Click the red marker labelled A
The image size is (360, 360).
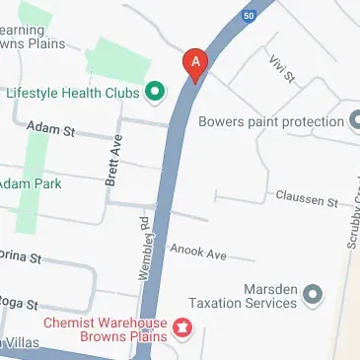pyautogui.click(x=195, y=64)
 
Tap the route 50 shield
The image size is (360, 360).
pyautogui.click(x=248, y=15)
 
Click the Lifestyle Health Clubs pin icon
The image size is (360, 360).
pyautogui.click(x=154, y=94)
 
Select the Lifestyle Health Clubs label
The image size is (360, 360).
pyautogui.click(x=73, y=94)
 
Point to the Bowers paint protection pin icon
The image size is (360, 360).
pyautogui.click(x=355, y=122)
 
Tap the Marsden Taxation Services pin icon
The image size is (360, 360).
pyautogui.click(x=313, y=293)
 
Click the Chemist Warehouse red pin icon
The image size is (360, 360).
pyautogui.click(x=181, y=325)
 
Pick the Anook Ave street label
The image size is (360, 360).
pyautogui.click(x=198, y=254)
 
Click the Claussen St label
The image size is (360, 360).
pyautogui.click(x=306, y=199)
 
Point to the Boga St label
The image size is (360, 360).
pyautogui.click(x=17, y=302)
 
